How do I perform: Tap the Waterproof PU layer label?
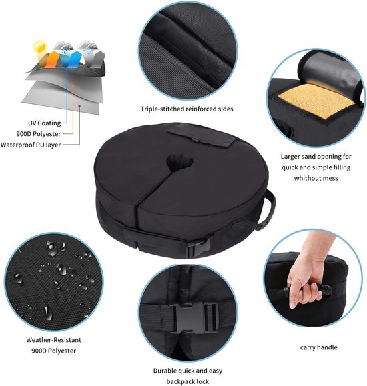coord(31,144)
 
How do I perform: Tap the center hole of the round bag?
coord(180,161)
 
